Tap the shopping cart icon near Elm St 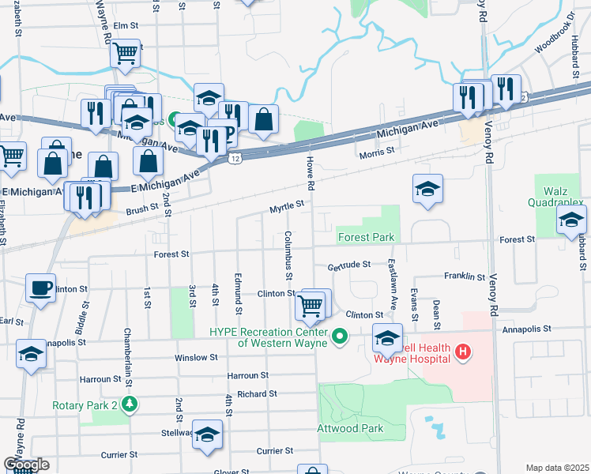pos(125,54)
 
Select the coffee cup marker pos(40,288)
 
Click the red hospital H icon pos(464,352)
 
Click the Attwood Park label pos(349,429)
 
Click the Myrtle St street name pos(286,206)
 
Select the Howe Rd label pos(311,174)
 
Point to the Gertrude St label pos(349,267)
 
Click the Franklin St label pos(464,276)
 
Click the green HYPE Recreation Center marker pos(340,337)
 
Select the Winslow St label pos(195,358)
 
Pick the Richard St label pos(257,393)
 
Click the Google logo pos(26,465)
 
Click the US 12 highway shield pos(235,159)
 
